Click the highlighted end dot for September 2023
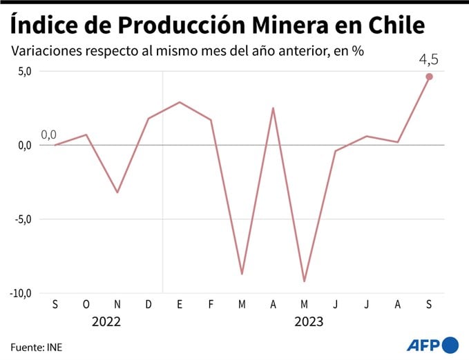pos(429,77)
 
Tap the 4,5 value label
pos(428,59)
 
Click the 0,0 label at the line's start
pos(48,134)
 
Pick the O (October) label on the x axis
pos(86,305)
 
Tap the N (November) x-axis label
pos(117,305)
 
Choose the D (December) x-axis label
pos(149,305)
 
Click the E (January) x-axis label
pos(180,305)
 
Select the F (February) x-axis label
pos(211,305)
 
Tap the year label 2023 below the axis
pos(308,321)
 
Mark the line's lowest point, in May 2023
pos(304,281)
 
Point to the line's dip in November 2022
pos(117,192)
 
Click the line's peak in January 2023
pos(180,102)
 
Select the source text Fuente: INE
pos(36,346)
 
